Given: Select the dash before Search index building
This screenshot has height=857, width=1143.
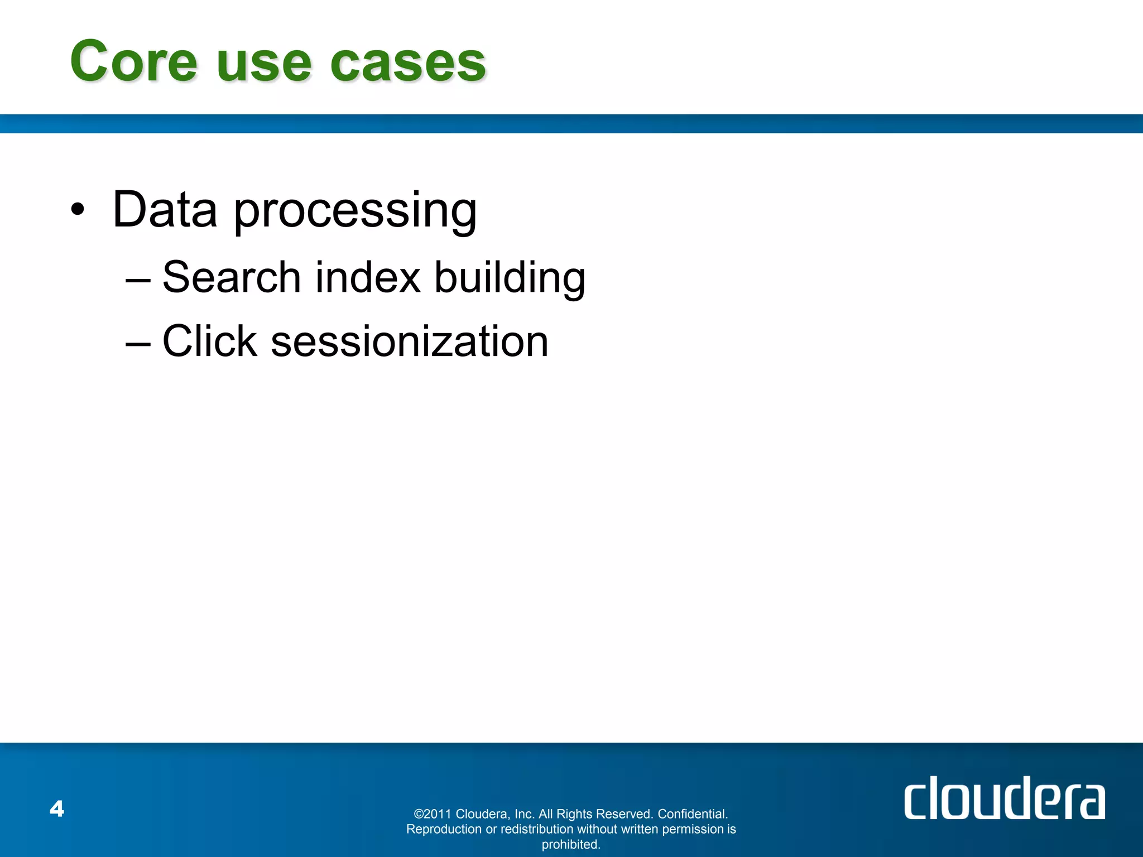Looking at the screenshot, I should point(138,278).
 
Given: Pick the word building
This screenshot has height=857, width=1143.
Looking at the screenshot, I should point(510,278).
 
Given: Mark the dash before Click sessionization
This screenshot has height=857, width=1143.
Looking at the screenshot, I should point(138,342).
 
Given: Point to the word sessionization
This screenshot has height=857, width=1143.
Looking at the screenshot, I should point(410,341).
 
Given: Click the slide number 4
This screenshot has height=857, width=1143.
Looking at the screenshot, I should point(57,808).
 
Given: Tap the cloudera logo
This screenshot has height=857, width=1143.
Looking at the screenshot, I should point(1004,798).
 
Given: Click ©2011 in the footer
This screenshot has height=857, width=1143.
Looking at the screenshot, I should point(433,814).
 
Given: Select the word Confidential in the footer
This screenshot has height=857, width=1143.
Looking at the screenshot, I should point(693,814).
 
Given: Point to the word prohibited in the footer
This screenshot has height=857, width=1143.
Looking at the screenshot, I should point(571,845).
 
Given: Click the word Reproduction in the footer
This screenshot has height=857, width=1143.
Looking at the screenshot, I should point(444,829).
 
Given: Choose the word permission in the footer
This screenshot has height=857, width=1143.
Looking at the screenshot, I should point(693,829).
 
